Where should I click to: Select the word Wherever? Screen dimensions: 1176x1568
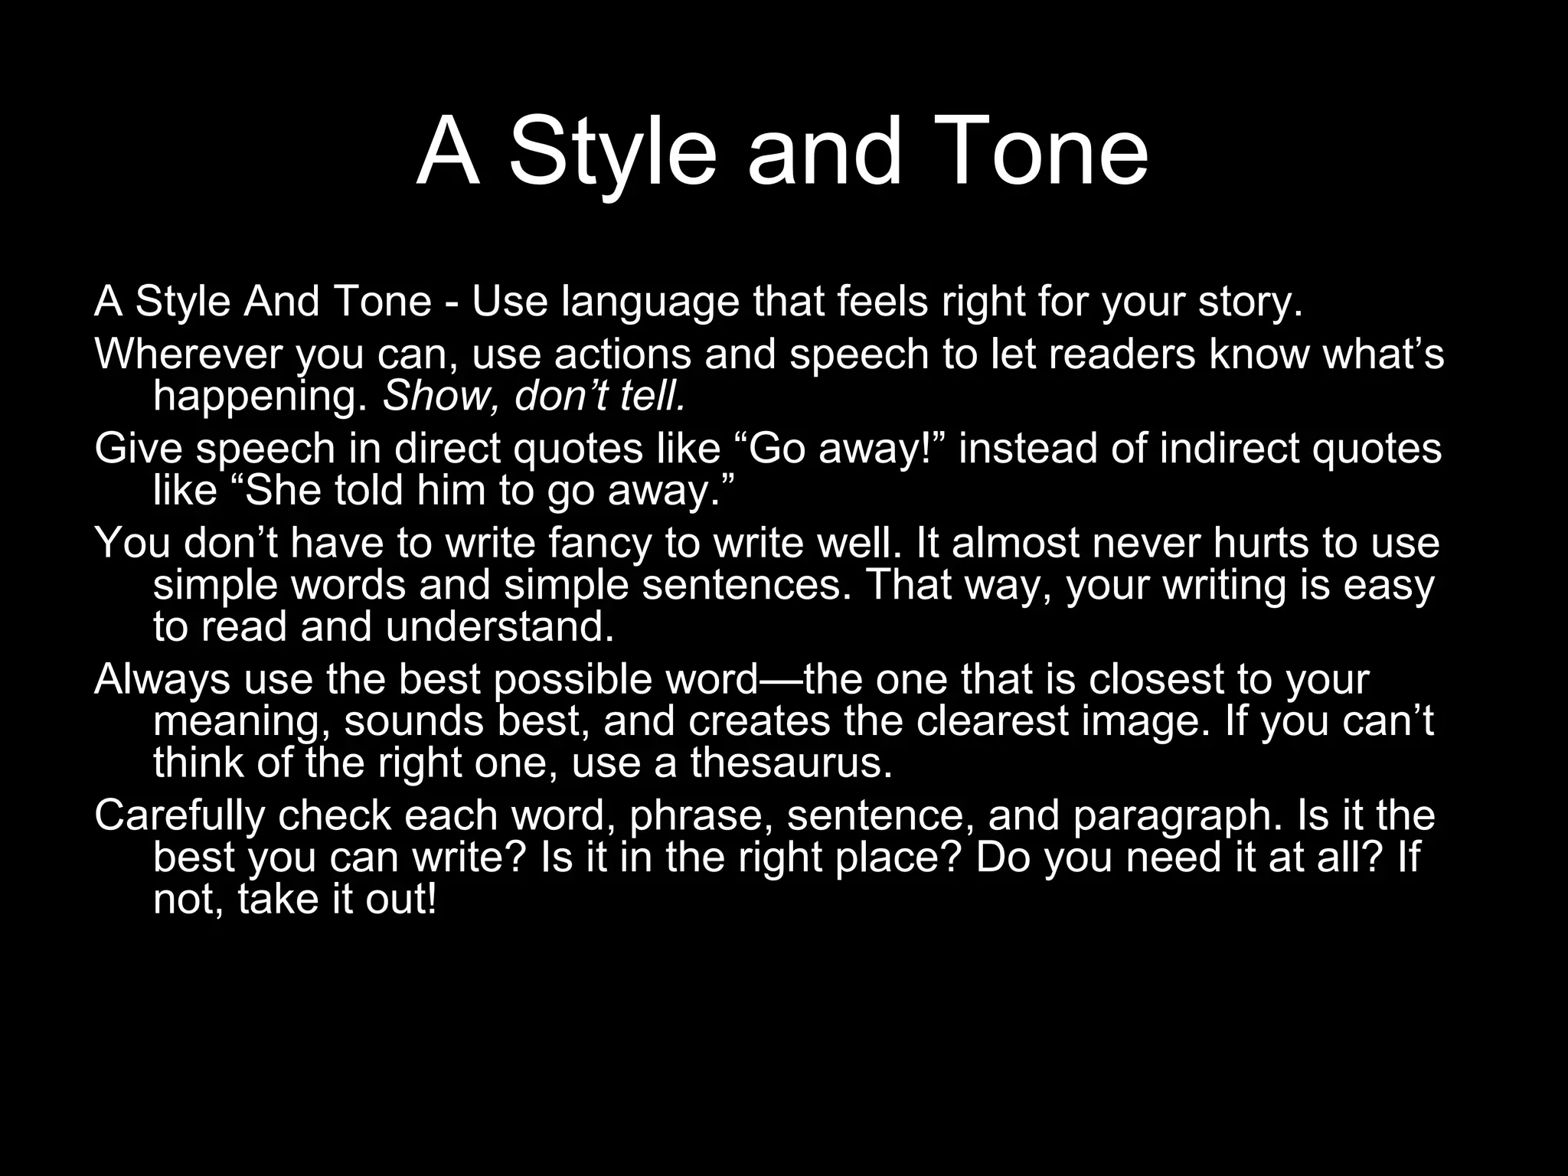[x=188, y=354]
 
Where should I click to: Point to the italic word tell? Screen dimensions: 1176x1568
[x=652, y=397]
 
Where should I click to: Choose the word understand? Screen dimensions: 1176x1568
[x=499, y=627]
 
